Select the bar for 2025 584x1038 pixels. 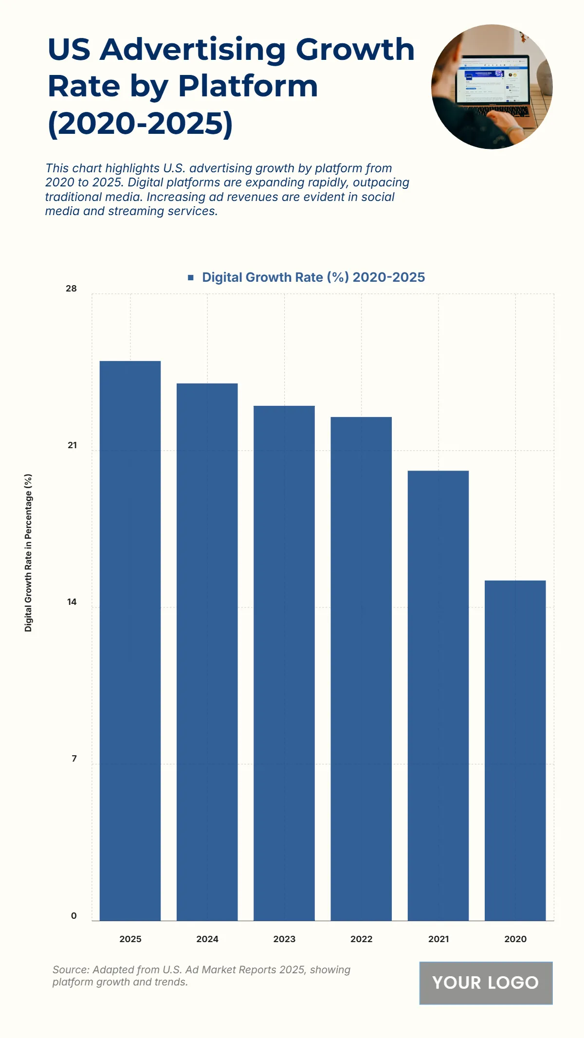(130, 640)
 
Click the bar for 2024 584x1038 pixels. (207, 652)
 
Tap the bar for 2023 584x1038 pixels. (284, 663)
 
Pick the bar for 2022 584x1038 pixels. (361, 669)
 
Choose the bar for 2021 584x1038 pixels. (438, 695)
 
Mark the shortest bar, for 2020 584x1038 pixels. (515, 750)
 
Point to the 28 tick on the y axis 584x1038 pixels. (71, 289)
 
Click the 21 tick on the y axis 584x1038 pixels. (72, 445)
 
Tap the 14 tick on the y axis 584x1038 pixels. (72, 602)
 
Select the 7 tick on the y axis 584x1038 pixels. (74, 759)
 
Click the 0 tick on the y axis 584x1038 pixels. (74, 915)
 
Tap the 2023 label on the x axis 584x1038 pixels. (284, 939)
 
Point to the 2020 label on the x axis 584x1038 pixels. (515, 939)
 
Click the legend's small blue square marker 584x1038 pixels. (191, 277)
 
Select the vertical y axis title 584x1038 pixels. (28, 553)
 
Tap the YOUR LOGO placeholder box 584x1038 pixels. (486, 983)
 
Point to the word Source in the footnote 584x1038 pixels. (70, 969)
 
